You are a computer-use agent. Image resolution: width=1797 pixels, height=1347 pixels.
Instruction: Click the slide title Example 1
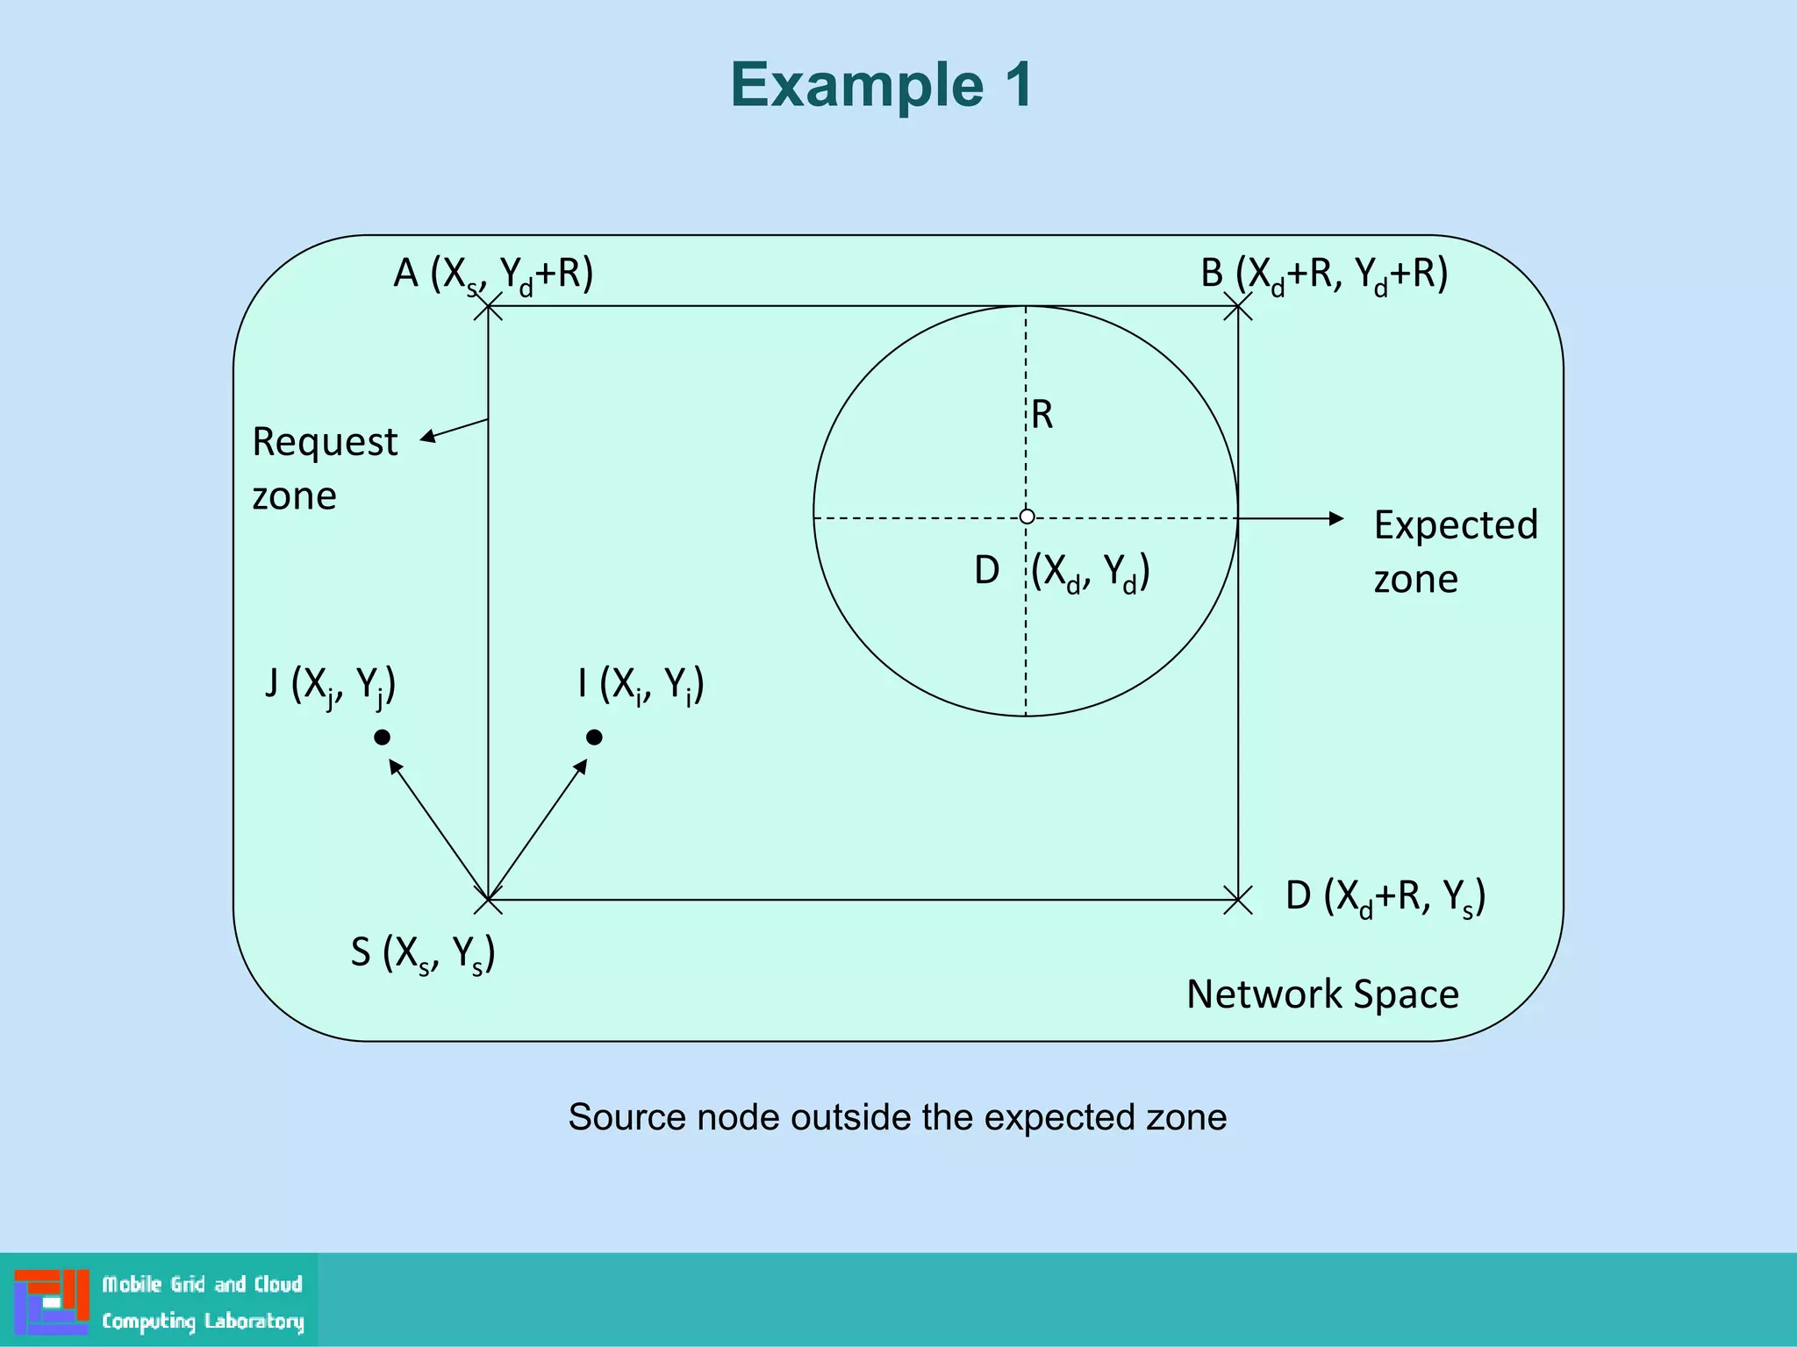pyautogui.click(x=882, y=85)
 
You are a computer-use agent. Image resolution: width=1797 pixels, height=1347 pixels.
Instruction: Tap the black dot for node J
pyautogui.click(x=382, y=738)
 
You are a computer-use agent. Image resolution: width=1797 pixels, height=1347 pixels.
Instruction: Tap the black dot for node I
pyautogui.click(x=594, y=738)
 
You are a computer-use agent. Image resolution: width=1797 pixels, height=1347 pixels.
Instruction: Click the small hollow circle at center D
pyautogui.click(x=1027, y=517)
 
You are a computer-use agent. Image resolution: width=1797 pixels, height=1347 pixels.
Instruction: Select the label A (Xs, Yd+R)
pyautogui.click(x=493, y=274)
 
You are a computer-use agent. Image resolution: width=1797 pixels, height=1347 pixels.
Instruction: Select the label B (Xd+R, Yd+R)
pyautogui.click(x=1323, y=274)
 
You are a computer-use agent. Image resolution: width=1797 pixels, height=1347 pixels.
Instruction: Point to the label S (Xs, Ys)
pyautogui.click(x=423, y=953)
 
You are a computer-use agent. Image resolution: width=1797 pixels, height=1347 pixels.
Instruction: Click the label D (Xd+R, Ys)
pyautogui.click(x=1385, y=897)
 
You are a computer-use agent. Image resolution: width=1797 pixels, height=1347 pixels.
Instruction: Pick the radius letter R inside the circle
pyautogui.click(x=1042, y=415)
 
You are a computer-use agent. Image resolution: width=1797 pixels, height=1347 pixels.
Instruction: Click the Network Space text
pyautogui.click(x=1322, y=994)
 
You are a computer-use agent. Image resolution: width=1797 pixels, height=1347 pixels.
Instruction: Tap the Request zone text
pyautogui.click(x=325, y=468)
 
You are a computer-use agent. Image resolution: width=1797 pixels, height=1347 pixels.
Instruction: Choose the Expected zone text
pyautogui.click(x=1456, y=552)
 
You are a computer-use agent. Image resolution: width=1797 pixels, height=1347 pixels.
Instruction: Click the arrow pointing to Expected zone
pyautogui.click(x=1290, y=518)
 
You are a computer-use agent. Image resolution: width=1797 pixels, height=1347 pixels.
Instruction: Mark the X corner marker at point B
pyautogui.click(x=1237, y=307)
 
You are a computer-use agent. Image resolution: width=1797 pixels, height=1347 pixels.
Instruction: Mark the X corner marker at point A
pyautogui.click(x=488, y=307)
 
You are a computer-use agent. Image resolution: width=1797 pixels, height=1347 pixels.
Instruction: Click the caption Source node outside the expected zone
pyautogui.click(x=897, y=1117)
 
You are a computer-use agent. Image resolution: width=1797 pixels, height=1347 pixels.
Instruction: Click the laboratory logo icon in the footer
pyautogui.click(x=52, y=1301)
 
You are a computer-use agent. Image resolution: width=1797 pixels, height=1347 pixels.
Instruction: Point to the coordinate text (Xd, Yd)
pyautogui.click(x=1090, y=573)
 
